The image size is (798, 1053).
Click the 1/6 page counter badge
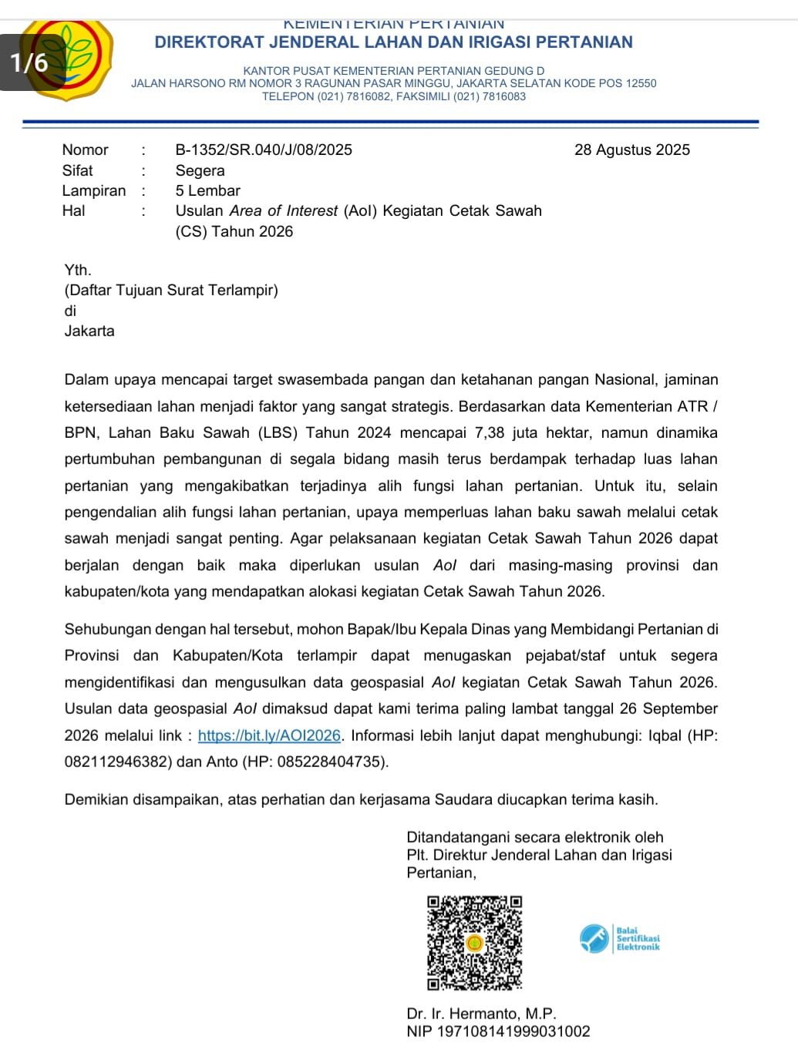[29, 62]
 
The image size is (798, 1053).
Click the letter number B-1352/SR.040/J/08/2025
[264, 150]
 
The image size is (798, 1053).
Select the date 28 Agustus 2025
[631, 150]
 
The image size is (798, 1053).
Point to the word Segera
[200, 171]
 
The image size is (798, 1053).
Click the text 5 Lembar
[207, 191]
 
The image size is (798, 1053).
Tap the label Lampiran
[93, 191]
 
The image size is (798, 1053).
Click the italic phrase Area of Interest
[283, 211]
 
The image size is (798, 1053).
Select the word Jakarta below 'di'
[89, 331]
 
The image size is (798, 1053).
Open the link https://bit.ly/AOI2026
[269, 735]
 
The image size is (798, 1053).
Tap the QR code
[475, 942]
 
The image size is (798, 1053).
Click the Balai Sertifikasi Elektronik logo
[620, 938]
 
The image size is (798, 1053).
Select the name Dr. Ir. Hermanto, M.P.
[481, 1014]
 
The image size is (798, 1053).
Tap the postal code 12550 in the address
[641, 83]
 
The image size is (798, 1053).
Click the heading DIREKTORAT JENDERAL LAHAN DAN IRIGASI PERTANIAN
[393, 42]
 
